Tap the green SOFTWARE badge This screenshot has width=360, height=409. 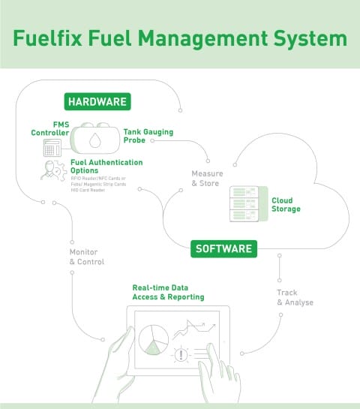pyautogui.click(x=223, y=248)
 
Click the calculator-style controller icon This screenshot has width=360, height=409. pyautogui.click(x=52, y=147)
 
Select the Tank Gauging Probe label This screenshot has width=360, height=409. pyautogui.click(x=148, y=135)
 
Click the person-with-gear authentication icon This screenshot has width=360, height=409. pyautogui.click(x=52, y=171)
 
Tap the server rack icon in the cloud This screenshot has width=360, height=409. pyautogui.click(x=243, y=203)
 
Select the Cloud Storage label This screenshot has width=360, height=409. pyautogui.click(x=285, y=205)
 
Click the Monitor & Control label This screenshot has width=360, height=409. pyautogui.click(x=85, y=257)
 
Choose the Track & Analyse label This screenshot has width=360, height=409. pyautogui.click(x=295, y=297)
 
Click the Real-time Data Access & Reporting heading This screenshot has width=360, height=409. pyautogui.click(x=168, y=292)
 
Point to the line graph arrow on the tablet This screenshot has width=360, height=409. pyautogui.click(x=189, y=328)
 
